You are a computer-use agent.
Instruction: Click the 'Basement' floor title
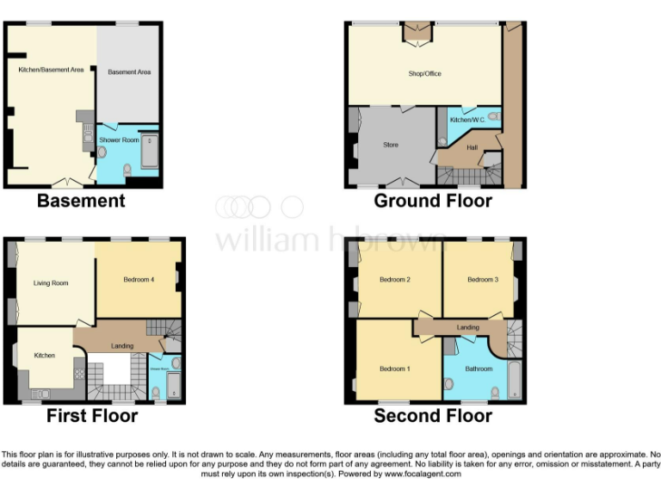click(x=81, y=201)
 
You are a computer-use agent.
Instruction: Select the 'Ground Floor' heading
click(x=433, y=201)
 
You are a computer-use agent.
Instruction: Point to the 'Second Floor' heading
click(x=433, y=416)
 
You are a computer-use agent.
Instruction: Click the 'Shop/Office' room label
click(x=424, y=74)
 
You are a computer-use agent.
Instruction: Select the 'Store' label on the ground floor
click(x=391, y=145)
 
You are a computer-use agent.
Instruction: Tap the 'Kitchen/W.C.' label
click(x=468, y=120)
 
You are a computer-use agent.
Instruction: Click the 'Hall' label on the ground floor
click(x=472, y=147)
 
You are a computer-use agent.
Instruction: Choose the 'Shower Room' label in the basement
click(x=119, y=139)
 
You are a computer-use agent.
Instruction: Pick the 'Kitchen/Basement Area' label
click(x=51, y=70)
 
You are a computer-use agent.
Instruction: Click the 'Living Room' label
click(x=51, y=282)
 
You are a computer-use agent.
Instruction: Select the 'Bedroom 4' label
click(x=139, y=279)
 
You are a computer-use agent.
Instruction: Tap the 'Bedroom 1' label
click(x=395, y=369)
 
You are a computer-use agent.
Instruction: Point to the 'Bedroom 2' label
click(x=395, y=279)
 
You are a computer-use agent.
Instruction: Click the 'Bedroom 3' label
click(x=483, y=279)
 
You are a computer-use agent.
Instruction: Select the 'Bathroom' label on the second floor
click(x=479, y=369)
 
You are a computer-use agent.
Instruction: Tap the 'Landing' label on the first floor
click(x=122, y=346)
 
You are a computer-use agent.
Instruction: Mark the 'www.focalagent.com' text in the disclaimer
click(x=423, y=474)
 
